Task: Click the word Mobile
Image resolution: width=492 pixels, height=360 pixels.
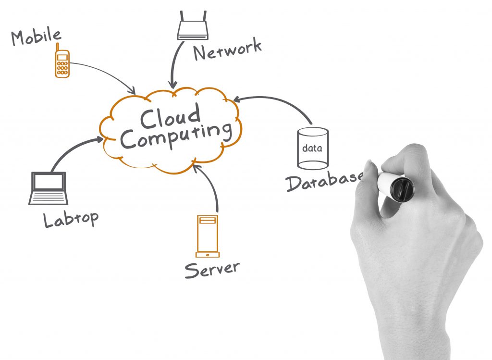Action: tap(36, 37)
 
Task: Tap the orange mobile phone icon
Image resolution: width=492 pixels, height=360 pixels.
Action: tap(62, 61)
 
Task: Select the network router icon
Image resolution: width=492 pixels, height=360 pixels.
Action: tap(193, 25)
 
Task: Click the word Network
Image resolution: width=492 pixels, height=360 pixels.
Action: tap(227, 50)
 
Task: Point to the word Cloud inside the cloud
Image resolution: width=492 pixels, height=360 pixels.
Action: tap(170, 116)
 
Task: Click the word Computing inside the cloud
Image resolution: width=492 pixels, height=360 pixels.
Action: tap(176, 136)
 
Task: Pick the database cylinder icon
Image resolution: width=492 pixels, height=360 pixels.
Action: tap(313, 148)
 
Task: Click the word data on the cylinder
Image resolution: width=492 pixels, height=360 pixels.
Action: tap(312, 148)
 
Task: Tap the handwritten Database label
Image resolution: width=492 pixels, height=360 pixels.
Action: tap(325, 181)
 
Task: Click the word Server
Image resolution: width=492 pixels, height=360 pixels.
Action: tap(212, 270)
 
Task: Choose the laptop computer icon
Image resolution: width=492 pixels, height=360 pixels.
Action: tap(49, 188)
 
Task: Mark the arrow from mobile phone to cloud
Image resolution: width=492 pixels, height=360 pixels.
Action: tap(107, 73)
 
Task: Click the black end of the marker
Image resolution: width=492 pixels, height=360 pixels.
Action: tap(402, 189)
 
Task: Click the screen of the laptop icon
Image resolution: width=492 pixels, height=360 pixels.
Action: tap(49, 181)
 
